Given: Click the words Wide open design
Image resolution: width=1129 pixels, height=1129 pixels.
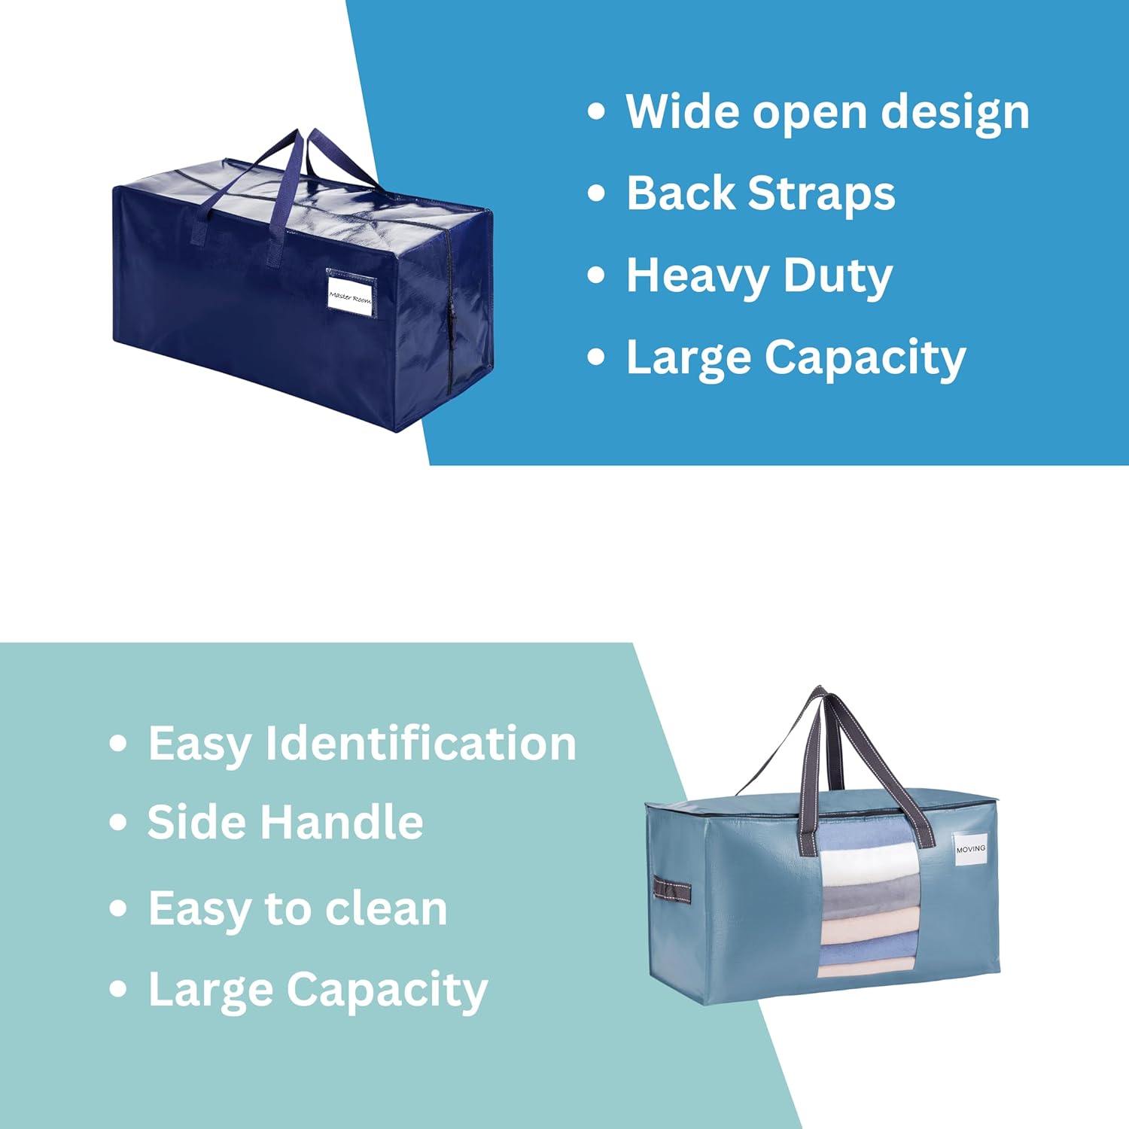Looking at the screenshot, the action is [827, 112].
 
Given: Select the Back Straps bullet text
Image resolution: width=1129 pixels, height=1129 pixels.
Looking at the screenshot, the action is [760, 193].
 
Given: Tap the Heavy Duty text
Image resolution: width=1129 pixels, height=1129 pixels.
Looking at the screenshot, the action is [759, 275].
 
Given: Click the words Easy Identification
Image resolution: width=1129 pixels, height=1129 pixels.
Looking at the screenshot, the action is [362, 744].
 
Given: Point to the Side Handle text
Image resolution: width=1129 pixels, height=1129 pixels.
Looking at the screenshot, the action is [285, 822].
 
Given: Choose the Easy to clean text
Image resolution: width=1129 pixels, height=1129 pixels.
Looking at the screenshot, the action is [297, 908].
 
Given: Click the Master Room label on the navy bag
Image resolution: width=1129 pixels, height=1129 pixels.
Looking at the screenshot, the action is [350, 297].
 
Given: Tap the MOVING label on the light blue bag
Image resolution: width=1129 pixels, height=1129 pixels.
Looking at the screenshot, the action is [970, 849].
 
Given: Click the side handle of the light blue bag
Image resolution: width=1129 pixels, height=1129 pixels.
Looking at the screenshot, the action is [672, 889].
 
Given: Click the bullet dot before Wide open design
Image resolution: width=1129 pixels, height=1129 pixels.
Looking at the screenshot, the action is [596, 112].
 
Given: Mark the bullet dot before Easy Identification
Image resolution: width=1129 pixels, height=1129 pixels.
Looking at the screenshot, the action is [118, 744].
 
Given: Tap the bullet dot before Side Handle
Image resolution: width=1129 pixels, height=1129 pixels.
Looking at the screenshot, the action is [118, 822].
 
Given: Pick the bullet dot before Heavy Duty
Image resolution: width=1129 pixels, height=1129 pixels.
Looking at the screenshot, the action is [596, 275].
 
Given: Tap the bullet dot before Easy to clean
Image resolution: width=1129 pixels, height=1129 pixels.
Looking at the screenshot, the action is [118, 908].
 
